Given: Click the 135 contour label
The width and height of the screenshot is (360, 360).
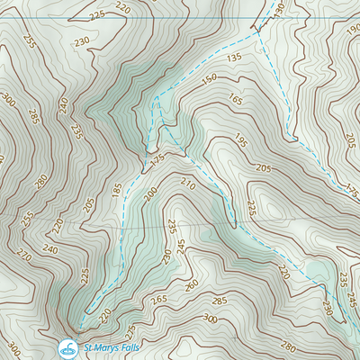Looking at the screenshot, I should pyautogui.click(x=237, y=58).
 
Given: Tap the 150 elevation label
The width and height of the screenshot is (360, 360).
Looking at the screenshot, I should pyautogui.click(x=209, y=79).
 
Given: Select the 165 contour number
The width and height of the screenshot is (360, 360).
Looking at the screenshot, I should pyautogui.click(x=236, y=100).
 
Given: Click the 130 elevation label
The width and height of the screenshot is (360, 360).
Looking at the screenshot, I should pyautogui.click(x=278, y=10).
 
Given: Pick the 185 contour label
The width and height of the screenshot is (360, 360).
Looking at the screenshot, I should pyautogui.click(x=115, y=190).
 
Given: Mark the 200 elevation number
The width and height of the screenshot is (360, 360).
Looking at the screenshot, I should pyautogui.click(x=149, y=194).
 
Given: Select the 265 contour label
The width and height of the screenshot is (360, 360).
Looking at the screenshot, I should pyautogui.click(x=159, y=299).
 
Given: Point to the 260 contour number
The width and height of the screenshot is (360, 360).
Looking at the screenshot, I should pyautogui.click(x=191, y=285).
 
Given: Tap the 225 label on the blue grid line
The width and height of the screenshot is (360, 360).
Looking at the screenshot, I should pyautogui.click(x=97, y=15).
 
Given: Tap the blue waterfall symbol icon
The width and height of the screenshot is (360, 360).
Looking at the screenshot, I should pyautogui.click(x=67, y=347).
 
